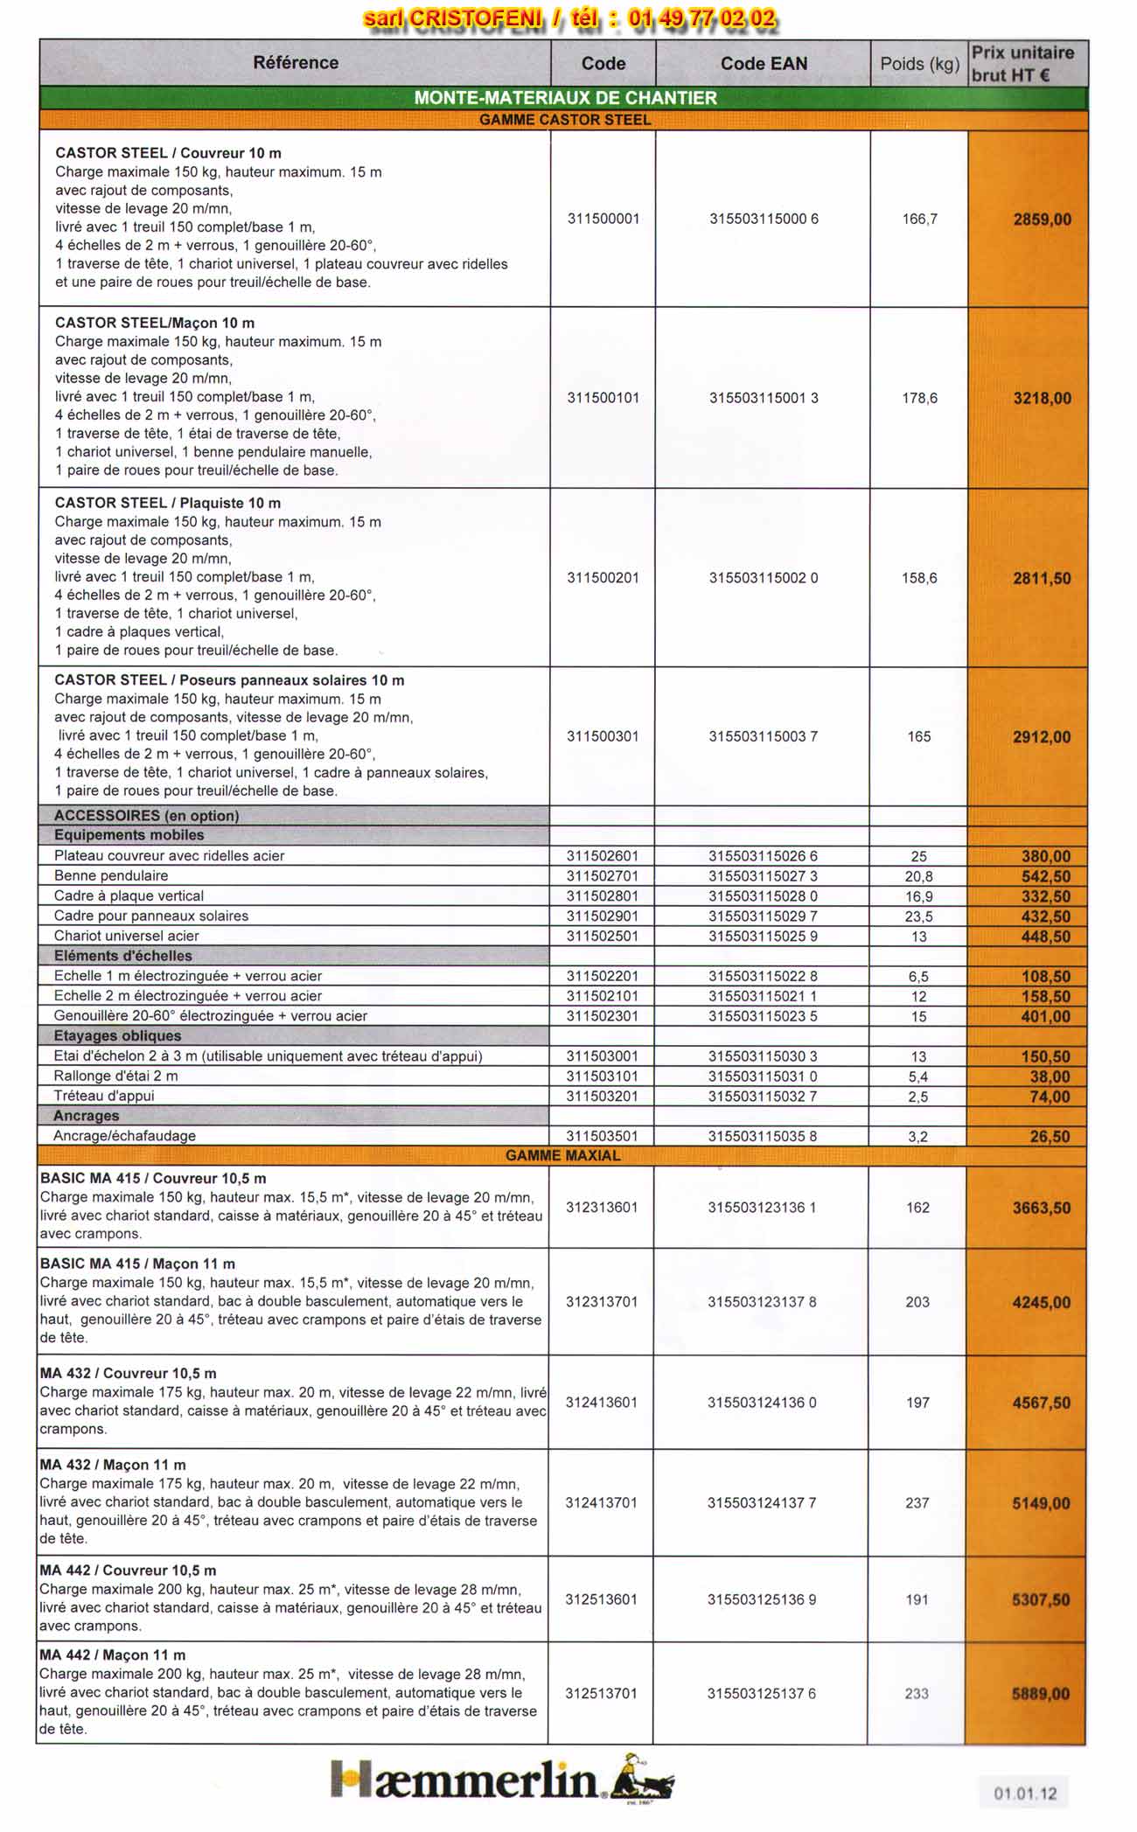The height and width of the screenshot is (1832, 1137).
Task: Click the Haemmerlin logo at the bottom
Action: click(502, 1780)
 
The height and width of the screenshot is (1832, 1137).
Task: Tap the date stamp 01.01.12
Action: click(1024, 1794)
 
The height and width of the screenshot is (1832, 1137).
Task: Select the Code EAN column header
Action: click(763, 63)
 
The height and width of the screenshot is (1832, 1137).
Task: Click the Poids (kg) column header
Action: click(919, 63)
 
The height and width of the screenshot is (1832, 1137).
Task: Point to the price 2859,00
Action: click(1042, 219)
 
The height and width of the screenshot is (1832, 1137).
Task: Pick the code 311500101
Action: click(603, 398)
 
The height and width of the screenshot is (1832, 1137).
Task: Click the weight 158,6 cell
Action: click(919, 578)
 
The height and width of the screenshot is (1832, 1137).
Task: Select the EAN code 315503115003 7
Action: click(763, 736)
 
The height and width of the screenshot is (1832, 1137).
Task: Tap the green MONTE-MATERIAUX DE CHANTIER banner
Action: click(565, 98)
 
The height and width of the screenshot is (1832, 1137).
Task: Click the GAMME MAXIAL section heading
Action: click(563, 1155)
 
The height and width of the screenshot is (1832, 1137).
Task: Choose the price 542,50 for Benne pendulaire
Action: click(1045, 876)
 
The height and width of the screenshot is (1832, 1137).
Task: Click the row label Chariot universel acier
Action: click(127, 936)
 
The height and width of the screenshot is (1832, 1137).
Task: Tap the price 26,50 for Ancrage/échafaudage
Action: click(1050, 1137)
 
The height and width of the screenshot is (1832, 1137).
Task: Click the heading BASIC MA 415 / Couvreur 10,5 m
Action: click(153, 1178)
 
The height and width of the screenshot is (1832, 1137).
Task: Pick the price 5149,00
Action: click(1041, 1503)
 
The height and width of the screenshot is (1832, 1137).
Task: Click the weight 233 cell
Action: click(917, 1694)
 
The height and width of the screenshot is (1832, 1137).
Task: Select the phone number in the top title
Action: click(701, 17)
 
